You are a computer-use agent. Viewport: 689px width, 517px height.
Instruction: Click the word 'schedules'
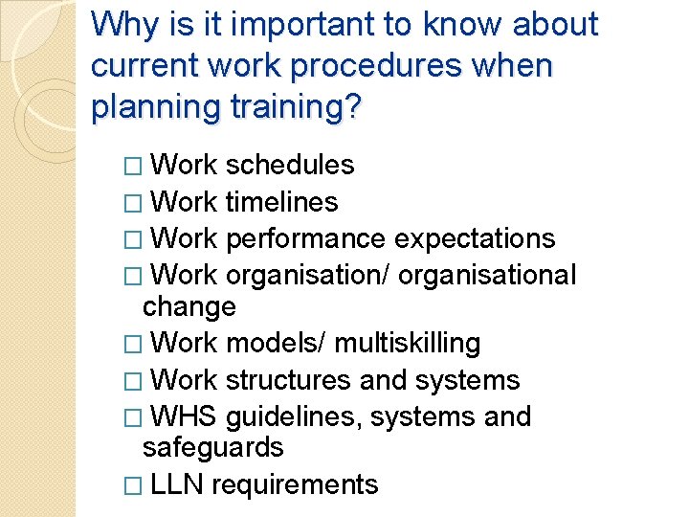tap(290, 166)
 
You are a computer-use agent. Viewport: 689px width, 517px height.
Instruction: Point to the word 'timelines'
tap(282, 203)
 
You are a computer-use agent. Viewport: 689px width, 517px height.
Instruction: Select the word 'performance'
tap(306, 239)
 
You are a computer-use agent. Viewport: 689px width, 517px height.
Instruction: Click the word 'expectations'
tap(475, 239)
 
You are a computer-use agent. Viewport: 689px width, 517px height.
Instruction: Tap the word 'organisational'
tap(487, 276)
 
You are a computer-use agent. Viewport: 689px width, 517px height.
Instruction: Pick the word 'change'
tap(189, 307)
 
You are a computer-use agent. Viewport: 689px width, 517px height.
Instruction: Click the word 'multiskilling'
tap(407, 343)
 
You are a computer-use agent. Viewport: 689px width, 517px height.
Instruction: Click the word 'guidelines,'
tap(295, 417)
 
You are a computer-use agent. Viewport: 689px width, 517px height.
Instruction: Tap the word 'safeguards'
tap(212, 448)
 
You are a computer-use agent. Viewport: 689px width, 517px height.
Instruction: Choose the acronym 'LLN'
tap(177, 485)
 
